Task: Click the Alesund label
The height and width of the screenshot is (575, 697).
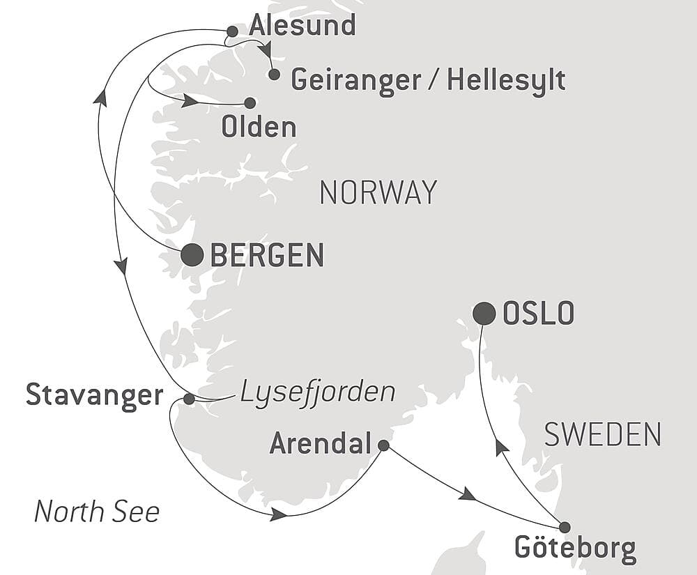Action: [302, 26]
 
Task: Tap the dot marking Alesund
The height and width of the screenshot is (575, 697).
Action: [233, 31]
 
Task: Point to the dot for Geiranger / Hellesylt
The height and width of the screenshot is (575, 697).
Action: [274, 74]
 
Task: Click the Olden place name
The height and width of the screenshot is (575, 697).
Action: [259, 128]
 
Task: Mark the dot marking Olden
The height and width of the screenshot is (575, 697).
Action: [250, 103]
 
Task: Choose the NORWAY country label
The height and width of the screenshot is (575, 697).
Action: [378, 192]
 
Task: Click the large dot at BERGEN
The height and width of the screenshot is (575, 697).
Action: [192, 255]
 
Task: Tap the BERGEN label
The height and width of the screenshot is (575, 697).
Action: [267, 256]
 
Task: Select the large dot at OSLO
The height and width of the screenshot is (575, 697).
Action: [484, 314]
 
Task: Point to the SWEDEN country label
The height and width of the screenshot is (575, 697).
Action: [602, 435]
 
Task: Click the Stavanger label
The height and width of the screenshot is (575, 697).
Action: [94, 395]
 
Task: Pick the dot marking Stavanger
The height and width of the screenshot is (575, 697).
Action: [189, 399]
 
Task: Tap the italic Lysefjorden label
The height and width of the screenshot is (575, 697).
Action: [318, 392]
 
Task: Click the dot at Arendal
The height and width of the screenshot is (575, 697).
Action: [383, 445]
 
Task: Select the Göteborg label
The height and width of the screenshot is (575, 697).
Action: [575, 549]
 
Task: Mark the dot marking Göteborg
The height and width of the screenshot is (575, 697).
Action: [565, 527]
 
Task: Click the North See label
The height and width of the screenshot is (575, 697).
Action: [97, 512]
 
